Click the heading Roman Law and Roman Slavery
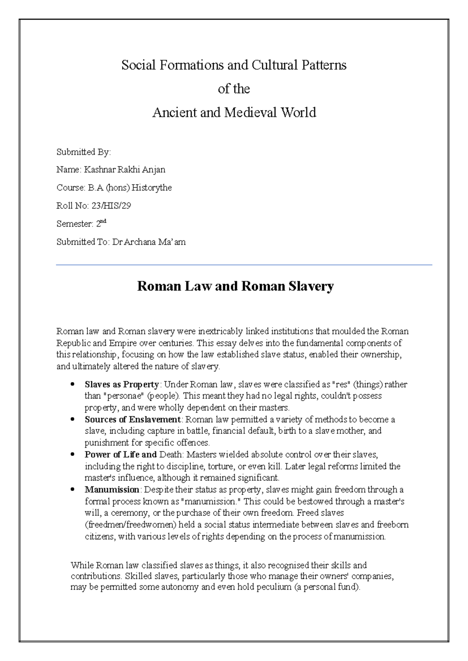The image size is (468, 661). [x=235, y=286]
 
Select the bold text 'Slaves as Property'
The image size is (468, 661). [x=122, y=385]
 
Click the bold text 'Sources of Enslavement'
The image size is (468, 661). [x=133, y=420]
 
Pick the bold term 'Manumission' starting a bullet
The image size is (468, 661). [x=112, y=490]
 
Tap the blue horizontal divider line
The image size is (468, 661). [x=244, y=265]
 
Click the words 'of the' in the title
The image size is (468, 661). [x=234, y=89]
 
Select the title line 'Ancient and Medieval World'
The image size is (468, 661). [x=234, y=113]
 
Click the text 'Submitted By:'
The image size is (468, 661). [x=83, y=152]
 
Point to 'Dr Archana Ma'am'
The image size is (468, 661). [x=149, y=242]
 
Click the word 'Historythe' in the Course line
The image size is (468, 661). [x=152, y=188]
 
